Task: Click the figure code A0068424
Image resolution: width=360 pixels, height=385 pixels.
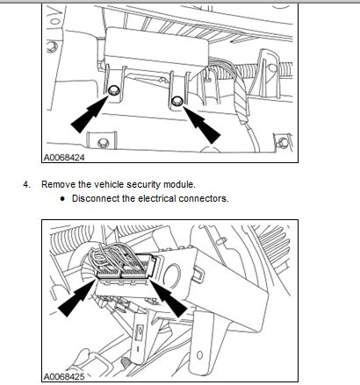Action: pos(64,158)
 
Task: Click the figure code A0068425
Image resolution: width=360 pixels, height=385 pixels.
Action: pos(64,376)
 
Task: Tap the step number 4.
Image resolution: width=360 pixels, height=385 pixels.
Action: pos(26,185)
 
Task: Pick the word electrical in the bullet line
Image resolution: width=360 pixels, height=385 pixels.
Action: pos(157,198)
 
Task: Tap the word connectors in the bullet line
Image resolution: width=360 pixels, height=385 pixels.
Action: pos(203,199)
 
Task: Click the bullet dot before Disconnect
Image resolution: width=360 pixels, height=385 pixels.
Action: pos(62,199)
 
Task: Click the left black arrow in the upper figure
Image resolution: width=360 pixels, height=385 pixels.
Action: pos(90,113)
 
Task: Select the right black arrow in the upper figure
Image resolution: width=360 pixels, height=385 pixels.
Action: pos(202,125)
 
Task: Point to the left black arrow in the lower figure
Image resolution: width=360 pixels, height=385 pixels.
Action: pos(77,298)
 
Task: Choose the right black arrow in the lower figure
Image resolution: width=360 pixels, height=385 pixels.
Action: pos(169,298)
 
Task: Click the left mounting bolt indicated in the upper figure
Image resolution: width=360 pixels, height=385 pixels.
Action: pos(112,90)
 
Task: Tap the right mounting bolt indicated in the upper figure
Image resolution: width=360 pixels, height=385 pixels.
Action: pos(176,101)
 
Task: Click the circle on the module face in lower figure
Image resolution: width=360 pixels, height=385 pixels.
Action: pos(172,274)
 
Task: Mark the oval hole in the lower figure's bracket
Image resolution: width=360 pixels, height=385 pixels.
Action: pos(199,355)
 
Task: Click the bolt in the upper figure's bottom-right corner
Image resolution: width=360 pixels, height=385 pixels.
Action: pos(283,143)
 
